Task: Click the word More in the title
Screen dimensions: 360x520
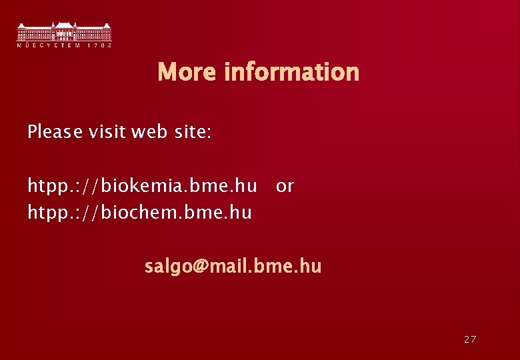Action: (187, 72)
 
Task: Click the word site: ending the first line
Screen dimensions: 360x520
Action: (193, 132)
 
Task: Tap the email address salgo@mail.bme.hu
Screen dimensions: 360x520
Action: (233, 267)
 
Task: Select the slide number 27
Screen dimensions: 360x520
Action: (470, 339)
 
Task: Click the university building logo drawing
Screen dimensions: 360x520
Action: (64, 31)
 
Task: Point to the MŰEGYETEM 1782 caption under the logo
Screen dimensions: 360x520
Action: (64, 45)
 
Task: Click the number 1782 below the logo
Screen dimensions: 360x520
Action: (99, 45)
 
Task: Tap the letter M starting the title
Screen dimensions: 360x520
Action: (167, 72)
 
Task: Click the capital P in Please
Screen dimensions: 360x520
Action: (32, 132)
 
